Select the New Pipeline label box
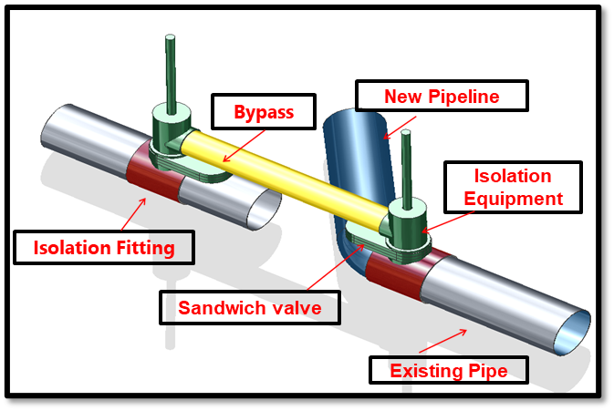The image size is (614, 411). (x=442, y=97)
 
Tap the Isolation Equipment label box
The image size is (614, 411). (x=512, y=187)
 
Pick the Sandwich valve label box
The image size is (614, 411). (x=249, y=307)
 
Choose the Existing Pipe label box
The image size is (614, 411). (x=448, y=370)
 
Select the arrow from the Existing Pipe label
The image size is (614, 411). (x=442, y=343)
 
